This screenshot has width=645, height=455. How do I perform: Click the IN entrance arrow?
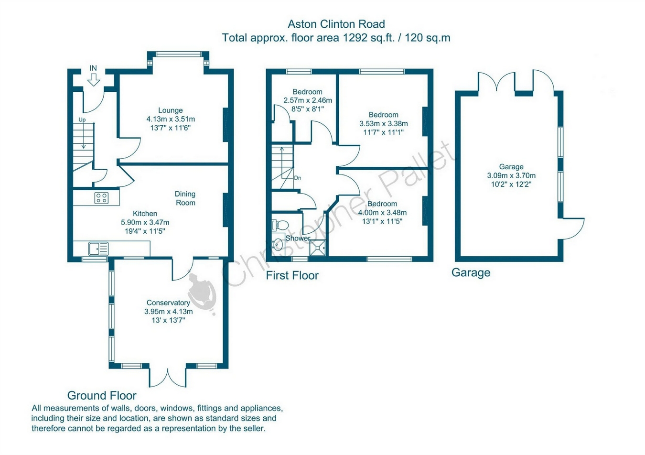[93, 80]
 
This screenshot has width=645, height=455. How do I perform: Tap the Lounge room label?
[171, 110]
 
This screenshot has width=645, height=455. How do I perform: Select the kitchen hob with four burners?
[102, 198]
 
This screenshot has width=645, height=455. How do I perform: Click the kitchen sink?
[99, 249]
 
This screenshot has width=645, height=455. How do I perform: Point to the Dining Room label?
[185, 198]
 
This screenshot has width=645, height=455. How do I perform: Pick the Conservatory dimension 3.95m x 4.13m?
[169, 311]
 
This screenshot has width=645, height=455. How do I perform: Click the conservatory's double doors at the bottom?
[168, 377]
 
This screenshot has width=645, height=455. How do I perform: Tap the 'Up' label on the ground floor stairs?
[82, 120]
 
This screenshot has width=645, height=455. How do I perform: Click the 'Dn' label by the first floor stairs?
[298, 178]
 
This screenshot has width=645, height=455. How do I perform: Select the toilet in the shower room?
[280, 225]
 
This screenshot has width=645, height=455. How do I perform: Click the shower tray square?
[318, 248]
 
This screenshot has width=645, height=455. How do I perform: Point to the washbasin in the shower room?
[278, 245]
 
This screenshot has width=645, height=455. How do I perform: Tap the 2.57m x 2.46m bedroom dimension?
[308, 100]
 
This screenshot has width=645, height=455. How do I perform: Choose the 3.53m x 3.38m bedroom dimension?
[384, 123]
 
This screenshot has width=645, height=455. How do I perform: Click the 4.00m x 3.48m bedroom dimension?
[382, 213]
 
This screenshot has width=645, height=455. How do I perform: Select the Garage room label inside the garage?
[511, 167]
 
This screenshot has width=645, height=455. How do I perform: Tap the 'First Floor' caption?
[292, 276]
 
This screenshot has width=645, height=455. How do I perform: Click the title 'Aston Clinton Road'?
[336, 24]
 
